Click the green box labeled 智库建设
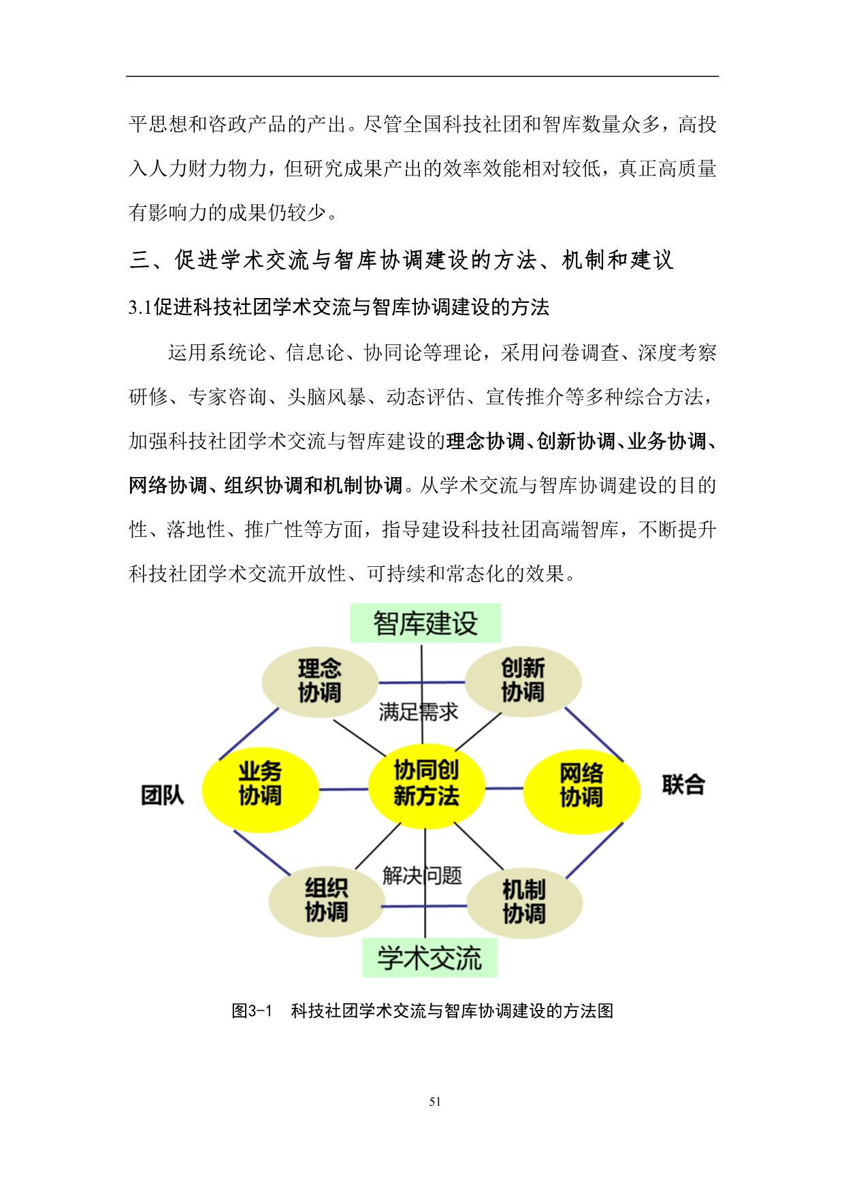tap(425, 623)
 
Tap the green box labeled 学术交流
tap(429, 958)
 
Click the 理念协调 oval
tap(320, 681)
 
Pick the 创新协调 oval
tap(523, 680)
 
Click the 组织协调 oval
tap(327, 900)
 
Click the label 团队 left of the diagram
tap(162, 794)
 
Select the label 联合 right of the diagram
tap(683, 785)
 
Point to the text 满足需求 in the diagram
tap(419, 712)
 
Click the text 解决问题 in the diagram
tap(422, 875)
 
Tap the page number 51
tap(436, 1102)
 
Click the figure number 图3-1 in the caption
tap(252, 1011)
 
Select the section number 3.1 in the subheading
tap(140, 308)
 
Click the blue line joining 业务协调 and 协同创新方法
tap(343, 789)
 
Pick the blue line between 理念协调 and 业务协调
tap(248, 734)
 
